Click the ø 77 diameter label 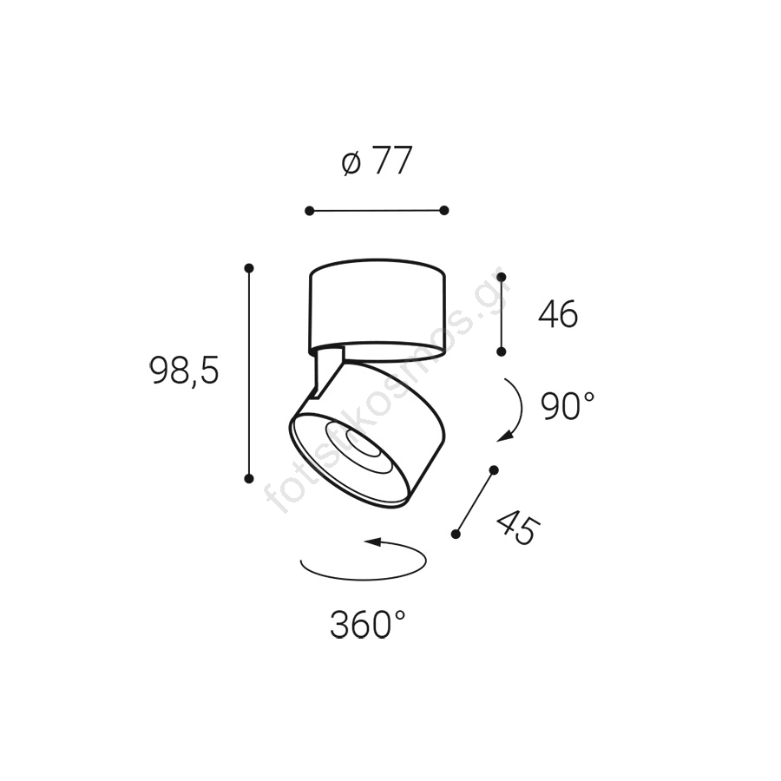377,161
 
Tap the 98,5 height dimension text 184,371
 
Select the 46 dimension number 558,314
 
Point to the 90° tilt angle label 568,405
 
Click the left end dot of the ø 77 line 309,211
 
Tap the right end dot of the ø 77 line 444,210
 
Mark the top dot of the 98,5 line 249,268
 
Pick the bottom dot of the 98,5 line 249,479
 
